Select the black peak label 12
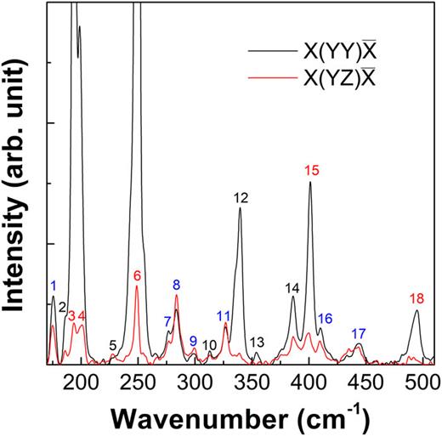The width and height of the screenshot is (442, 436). click(x=240, y=198)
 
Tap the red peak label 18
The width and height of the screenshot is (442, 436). click(x=416, y=298)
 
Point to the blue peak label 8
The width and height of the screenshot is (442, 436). click(x=177, y=285)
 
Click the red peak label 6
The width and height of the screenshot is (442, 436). click(x=137, y=276)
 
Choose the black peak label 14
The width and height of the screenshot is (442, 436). click(x=293, y=287)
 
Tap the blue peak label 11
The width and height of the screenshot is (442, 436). click(x=224, y=316)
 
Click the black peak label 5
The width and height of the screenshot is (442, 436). click(x=113, y=345)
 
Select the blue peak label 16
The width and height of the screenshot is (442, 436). click(x=325, y=319)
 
